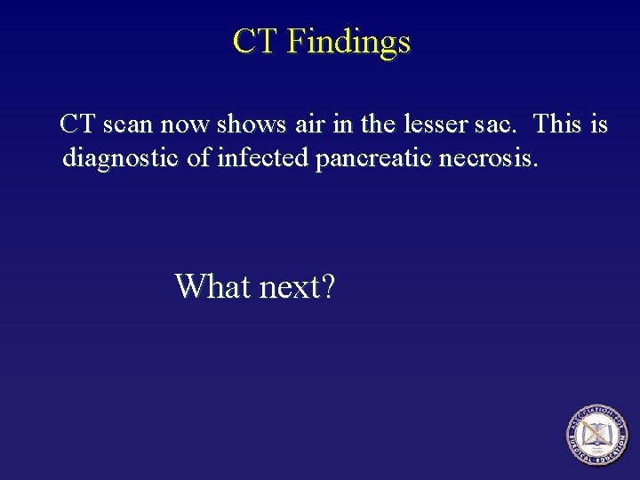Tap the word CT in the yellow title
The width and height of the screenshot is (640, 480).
tap(255, 42)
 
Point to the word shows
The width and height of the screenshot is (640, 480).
tap(245, 124)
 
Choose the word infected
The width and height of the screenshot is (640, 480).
tap(262, 159)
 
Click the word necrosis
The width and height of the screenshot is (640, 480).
tap(494, 159)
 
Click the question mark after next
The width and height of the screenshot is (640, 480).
tap(327, 286)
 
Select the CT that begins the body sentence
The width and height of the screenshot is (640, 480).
tap(76, 124)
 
